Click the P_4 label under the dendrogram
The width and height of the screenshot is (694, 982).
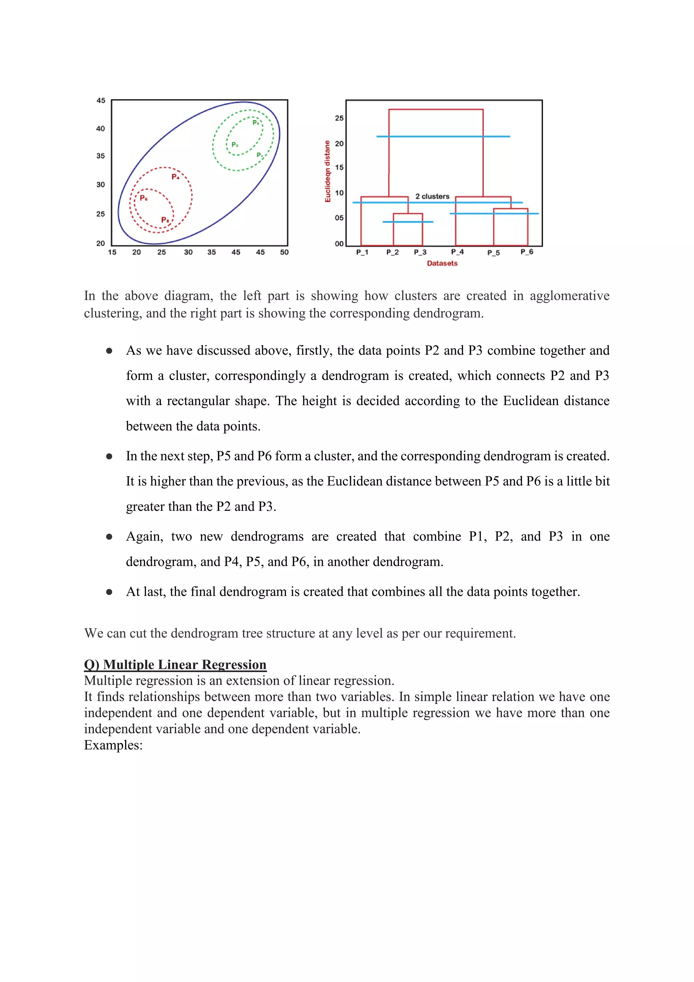click(457, 252)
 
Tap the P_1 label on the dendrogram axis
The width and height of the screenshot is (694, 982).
click(362, 252)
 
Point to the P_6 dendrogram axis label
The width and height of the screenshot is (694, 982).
click(527, 252)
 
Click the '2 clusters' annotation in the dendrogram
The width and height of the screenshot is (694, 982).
click(432, 196)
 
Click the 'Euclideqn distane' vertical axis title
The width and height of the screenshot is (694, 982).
click(328, 171)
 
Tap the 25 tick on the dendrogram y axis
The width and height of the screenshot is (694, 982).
click(339, 118)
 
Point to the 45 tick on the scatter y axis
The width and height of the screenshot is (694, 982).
click(101, 100)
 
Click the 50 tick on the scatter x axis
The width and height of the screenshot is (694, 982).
click(284, 252)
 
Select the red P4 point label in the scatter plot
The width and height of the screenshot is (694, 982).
click(175, 177)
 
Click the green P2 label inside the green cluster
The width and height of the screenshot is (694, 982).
click(234, 145)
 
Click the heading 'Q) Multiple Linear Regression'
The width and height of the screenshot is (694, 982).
click(175, 664)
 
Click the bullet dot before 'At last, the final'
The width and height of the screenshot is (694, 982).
click(109, 592)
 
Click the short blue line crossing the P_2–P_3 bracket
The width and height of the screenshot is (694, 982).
click(408, 222)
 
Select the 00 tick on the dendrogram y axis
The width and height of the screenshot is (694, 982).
click(339, 244)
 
